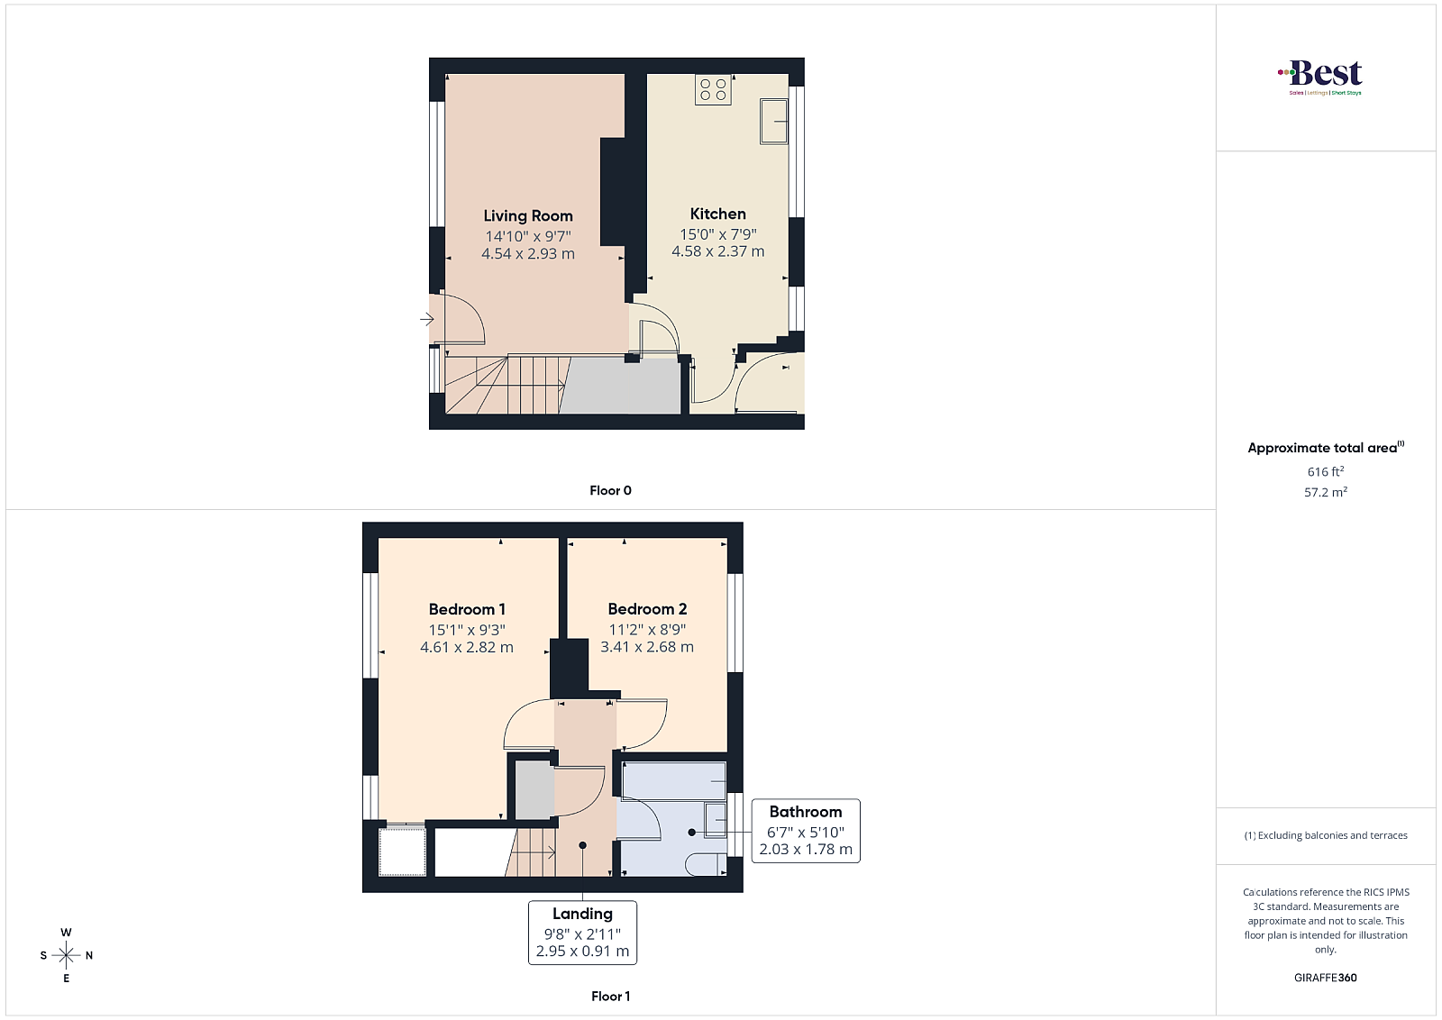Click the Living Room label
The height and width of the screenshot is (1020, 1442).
528,215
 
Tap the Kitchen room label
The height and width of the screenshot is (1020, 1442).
717,214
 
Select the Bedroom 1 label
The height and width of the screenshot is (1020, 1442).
467,609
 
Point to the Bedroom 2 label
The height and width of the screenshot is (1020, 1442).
647,609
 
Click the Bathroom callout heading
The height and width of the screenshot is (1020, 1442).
806,812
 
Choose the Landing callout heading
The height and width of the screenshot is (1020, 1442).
582,914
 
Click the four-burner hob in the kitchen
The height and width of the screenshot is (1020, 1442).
713,89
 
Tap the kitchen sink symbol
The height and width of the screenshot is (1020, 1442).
774,121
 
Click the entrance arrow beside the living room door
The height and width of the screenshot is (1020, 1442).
427,319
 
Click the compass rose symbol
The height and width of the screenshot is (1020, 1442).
67,955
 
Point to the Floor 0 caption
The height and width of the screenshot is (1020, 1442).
610,490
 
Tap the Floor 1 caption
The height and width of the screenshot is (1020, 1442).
610,997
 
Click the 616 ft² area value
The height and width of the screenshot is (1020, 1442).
1326,471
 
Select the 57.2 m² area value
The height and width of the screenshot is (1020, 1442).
1326,492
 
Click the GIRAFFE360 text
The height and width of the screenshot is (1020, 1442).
1326,978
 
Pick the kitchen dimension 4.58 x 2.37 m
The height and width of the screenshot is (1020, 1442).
717,251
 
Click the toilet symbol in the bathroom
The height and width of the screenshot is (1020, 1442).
706,864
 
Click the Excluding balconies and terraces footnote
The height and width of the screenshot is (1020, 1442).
1326,835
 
